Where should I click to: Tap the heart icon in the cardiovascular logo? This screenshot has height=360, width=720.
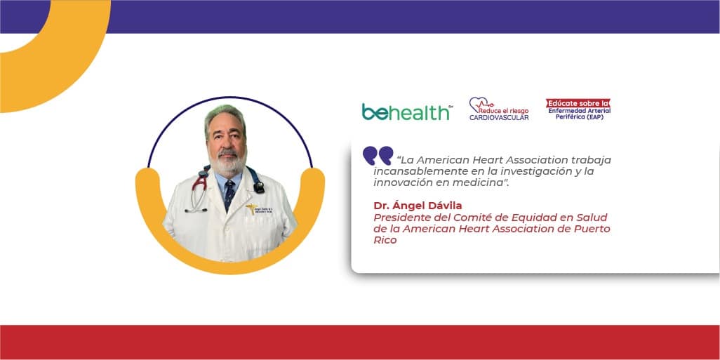click(x=479, y=105)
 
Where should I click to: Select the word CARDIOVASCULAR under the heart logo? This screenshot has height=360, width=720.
click(x=499, y=118)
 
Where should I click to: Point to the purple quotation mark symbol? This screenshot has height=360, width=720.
click(x=378, y=156)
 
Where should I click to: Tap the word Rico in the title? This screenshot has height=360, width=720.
click(x=385, y=240)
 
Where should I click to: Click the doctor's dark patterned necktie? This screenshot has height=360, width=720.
click(x=229, y=194)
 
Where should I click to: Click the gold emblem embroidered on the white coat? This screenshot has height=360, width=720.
click(x=252, y=209)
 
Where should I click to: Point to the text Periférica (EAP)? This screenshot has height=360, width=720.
click(x=578, y=116)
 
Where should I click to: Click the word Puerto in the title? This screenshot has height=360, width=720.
click(x=592, y=229)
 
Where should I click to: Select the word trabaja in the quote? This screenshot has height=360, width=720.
click(x=592, y=160)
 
